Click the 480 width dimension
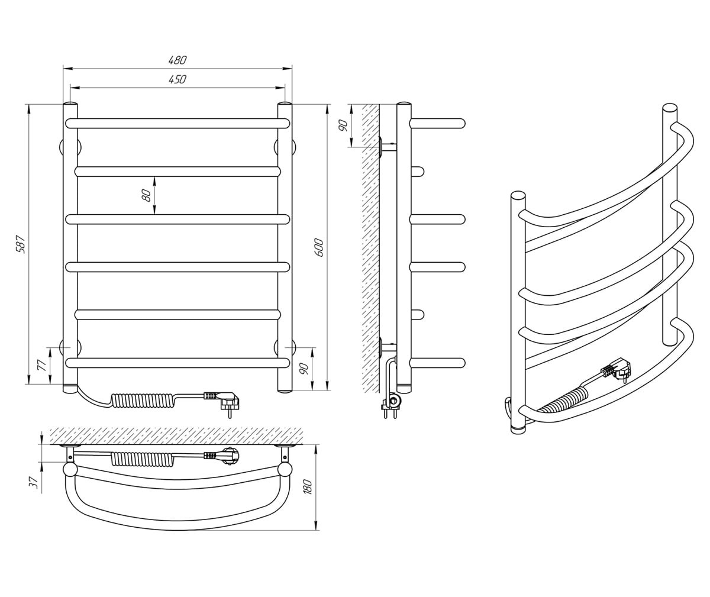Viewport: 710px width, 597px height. (x=177, y=60)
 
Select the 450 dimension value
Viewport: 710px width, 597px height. (x=177, y=79)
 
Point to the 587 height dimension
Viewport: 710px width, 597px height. (x=21, y=244)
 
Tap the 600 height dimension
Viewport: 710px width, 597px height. (x=319, y=247)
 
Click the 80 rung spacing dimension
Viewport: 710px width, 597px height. (x=146, y=195)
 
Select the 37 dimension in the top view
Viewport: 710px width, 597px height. (x=34, y=483)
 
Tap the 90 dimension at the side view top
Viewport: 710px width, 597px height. (x=342, y=125)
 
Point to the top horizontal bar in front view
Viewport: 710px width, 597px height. (x=177, y=123)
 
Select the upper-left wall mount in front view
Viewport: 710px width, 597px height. (x=63, y=147)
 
